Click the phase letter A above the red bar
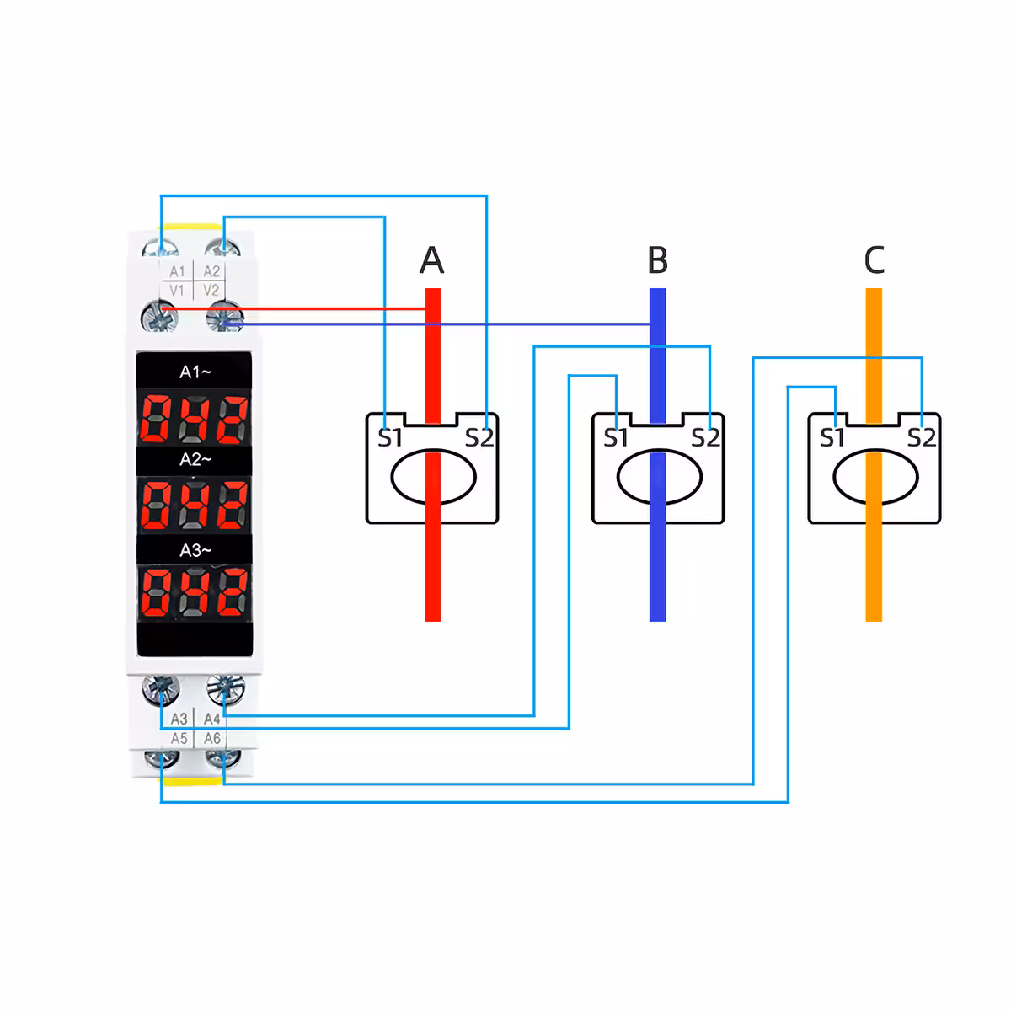[431, 260]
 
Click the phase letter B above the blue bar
[658, 260]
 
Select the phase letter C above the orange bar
[875, 260]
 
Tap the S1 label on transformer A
[390, 438]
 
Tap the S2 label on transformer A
[479, 438]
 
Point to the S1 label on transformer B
[616, 438]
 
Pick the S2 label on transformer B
[705, 438]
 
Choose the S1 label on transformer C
[832, 438]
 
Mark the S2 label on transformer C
[922, 438]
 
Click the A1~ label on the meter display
[195, 372]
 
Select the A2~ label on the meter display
[195, 459]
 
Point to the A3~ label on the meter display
[195, 550]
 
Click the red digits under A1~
[195, 417]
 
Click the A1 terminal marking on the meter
[177, 271]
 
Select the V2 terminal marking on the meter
[211, 291]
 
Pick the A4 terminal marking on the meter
[211, 719]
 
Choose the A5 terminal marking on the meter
[179, 738]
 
